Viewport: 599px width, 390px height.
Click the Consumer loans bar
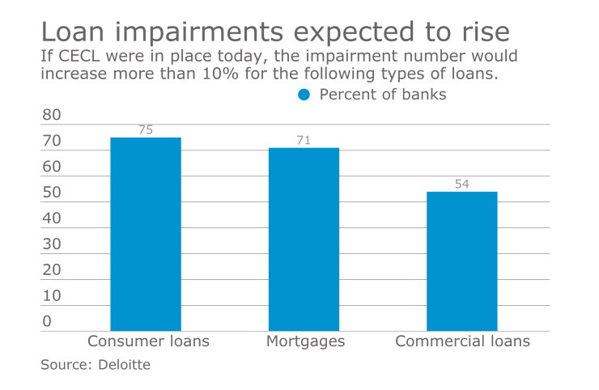tap(146, 234)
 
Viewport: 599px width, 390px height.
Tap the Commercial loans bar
tap(461, 261)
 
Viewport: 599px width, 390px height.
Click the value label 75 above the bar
tap(146, 129)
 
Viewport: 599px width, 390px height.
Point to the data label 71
tap(304, 140)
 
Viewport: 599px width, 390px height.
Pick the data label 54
tap(461, 184)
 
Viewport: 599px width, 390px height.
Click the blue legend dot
tap(304, 95)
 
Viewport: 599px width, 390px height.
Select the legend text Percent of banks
tap(383, 95)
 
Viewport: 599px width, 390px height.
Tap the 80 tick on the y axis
tap(52, 115)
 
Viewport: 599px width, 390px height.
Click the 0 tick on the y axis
tap(47, 321)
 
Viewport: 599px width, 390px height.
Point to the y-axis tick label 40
tap(52, 218)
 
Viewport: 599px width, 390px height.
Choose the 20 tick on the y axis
tap(52, 270)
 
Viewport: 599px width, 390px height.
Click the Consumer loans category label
tap(148, 341)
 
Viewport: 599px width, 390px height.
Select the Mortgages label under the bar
tap(305, 341)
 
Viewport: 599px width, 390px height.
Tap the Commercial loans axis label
tap(462, 341)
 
